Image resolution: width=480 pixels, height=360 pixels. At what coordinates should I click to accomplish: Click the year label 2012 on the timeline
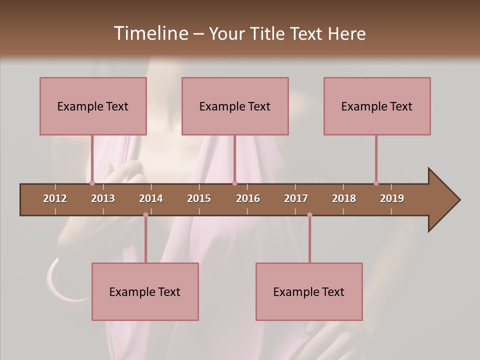(55, 198)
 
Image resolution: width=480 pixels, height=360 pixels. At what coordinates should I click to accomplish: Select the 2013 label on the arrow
(103, 198)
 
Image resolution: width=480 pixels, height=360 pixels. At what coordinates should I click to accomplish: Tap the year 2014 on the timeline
(151, 198)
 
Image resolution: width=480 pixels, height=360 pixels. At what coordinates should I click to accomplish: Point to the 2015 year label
(199, 198)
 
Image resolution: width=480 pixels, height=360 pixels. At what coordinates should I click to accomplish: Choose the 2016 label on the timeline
(248, 198)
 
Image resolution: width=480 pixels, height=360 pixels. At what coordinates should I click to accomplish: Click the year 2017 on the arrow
(296, 198)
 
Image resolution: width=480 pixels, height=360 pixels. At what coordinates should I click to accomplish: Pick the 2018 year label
(344, 198)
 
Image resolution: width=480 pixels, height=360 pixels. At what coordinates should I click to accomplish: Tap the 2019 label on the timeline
(392, 198)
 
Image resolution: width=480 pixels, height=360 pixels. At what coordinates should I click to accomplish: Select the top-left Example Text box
(93, 106)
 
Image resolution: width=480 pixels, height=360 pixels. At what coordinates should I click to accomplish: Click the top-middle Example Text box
(235, 106)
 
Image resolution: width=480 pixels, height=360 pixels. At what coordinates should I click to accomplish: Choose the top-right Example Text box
(377, 106)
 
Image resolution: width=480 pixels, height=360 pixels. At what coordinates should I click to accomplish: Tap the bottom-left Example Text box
(145, 291)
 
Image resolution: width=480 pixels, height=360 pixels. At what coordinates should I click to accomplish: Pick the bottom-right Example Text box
(309, 291)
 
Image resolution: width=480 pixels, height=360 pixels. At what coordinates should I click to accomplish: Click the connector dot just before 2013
(92, 183)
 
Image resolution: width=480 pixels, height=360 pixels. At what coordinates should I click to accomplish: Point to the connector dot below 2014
(145, 215)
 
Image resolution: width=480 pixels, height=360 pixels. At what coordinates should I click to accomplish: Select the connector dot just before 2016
(234, 183)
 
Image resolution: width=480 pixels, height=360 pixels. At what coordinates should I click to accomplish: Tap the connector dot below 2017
(309, 215)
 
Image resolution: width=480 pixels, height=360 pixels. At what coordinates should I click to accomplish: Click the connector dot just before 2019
(376, 183)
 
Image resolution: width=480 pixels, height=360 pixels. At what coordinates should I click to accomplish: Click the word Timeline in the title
(150, 33)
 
